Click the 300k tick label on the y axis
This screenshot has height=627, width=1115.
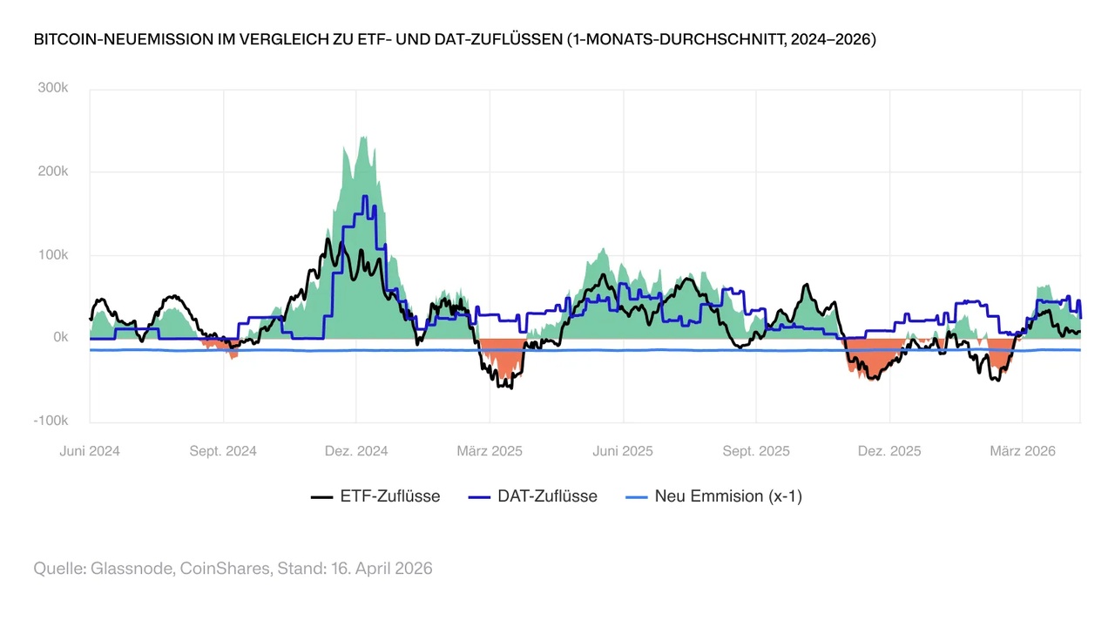(x=51, y=88)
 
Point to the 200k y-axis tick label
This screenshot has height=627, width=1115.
(x=51, y=172)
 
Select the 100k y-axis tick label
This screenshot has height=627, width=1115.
(x=51, y=255)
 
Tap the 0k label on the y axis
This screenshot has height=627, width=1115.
(x=59, y=338)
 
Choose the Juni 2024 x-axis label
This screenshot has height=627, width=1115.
(x=90, y=451)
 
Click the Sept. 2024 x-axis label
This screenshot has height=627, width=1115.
(x=224, y=451)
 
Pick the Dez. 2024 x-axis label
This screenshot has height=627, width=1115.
(x=356, y=451)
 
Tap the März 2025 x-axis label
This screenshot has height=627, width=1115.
(x=490, y=451)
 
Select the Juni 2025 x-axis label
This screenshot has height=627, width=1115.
(x=623, y=451)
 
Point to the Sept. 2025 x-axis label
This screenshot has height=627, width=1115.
(x=756, y=451)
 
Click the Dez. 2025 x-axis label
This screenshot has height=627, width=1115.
(x=889, y=451)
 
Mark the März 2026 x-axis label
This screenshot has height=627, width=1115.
(x=1023, y=451)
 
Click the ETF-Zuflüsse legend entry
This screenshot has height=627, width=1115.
(x=375, y=496)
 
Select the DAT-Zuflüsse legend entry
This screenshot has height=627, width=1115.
(x=533, y=496)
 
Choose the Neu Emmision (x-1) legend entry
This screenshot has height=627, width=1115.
(x=714, y=496)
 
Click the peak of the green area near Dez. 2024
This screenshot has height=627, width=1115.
(x=362, y=137)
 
